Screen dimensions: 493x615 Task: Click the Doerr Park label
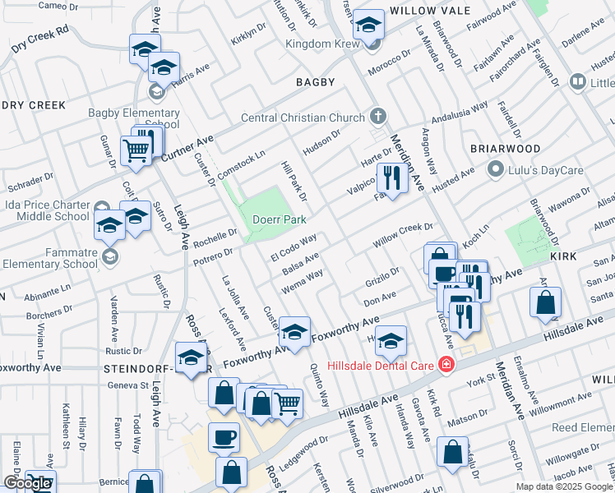pos(280,220)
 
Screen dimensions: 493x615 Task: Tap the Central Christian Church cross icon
pos(377,117)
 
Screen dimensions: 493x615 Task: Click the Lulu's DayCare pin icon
pos(495,171)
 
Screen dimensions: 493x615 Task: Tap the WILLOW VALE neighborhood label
pos(430,11)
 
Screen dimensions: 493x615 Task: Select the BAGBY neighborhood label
pos(315,82)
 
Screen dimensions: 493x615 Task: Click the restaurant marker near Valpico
pos(392,177)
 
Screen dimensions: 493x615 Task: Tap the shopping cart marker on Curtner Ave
pos(136,150)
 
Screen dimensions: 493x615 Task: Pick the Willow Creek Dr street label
pos(403,236)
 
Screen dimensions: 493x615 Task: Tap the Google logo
pos(26,484)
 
